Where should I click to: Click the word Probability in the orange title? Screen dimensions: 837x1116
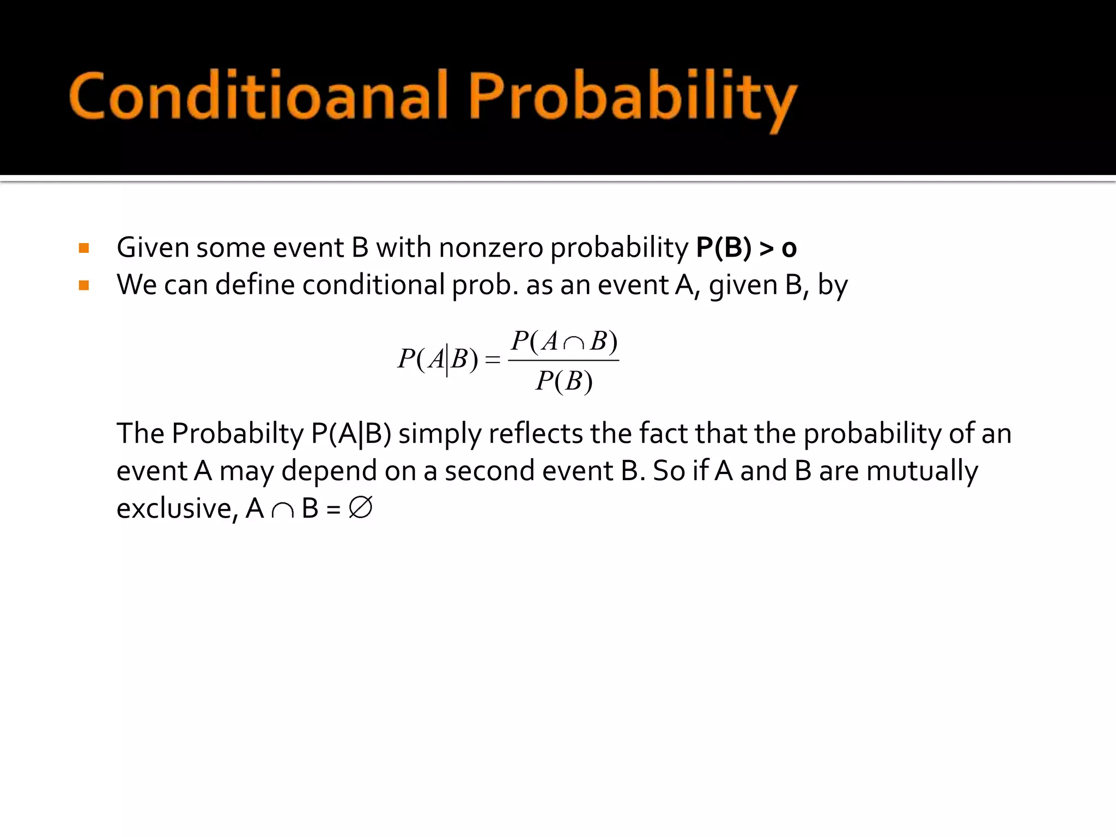pos(632,98)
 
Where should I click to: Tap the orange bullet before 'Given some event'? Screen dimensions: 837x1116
pos(84,248)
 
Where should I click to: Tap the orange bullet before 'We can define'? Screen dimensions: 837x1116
pos(84,286)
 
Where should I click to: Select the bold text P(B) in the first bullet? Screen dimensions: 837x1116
pos(724,248)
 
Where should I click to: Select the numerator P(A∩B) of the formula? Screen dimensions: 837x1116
pos(564,342)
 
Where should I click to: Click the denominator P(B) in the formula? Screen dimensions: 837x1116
pos(564,381)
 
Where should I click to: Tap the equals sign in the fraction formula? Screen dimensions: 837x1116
pos(492,360)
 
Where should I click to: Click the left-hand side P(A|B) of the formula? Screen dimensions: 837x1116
pos(438,359)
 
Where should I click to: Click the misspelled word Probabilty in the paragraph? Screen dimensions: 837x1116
pos(238,434)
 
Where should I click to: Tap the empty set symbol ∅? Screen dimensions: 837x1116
pos(360,508)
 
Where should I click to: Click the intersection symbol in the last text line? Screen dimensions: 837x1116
pos(282,511)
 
